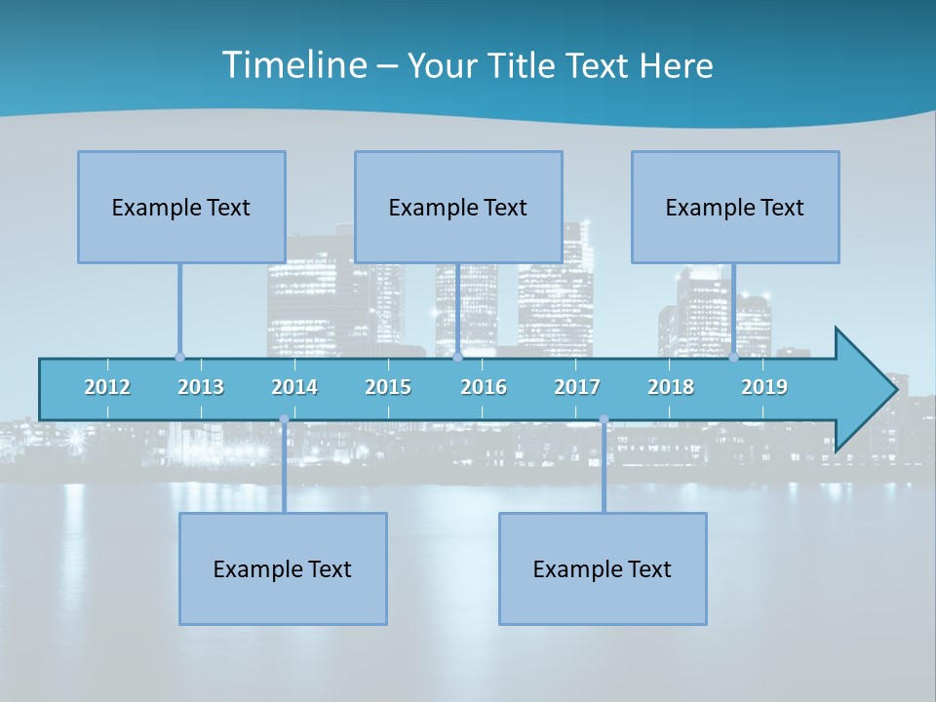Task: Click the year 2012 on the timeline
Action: click(107, 387)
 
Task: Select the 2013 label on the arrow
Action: click(201, 387)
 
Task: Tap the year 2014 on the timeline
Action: click(294, 387)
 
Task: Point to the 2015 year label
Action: click(388, 387)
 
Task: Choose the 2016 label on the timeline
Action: click(484, 387)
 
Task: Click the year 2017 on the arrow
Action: click(577, 387)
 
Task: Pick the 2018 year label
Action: click(671, 387)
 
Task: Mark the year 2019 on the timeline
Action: click(764, 387)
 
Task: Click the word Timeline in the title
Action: click(292, 65)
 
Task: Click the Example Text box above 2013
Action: click(181, 207)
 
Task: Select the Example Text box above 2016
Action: click(458, 207)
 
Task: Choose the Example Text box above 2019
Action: click(735, 207)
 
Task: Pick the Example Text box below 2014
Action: click(283, 568)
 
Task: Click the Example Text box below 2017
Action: click(603, 568)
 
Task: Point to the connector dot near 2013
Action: click(179, 357)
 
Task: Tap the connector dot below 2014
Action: click(284, 419)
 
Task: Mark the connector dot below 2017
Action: click(604, 419)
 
